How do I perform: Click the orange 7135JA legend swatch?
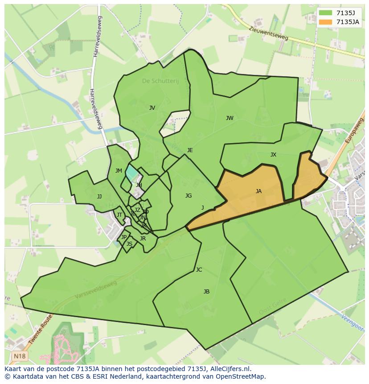(x=325, y=22)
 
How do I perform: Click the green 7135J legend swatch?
(x=325, y=13)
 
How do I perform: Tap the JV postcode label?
(x=152, y=108)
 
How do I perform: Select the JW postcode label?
(x=230, y=118)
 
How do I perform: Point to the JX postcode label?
(x=273, y=155)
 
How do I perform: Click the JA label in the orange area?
(x=258, y=191)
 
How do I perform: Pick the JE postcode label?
(x=190, y=150)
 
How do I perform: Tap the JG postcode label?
(x=189, y=196)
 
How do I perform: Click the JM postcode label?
(x=119, y=171)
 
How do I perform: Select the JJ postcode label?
(x=99, y=197)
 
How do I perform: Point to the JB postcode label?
(x=206, y=292)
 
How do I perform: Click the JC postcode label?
(x=199, y=270)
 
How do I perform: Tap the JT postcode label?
(x=119, y=215)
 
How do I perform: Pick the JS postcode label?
(x=129, y=244)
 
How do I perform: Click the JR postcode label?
(x=143, y=239)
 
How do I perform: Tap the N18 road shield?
(x=19, y=356)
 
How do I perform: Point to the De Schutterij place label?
(x=160, y=81)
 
